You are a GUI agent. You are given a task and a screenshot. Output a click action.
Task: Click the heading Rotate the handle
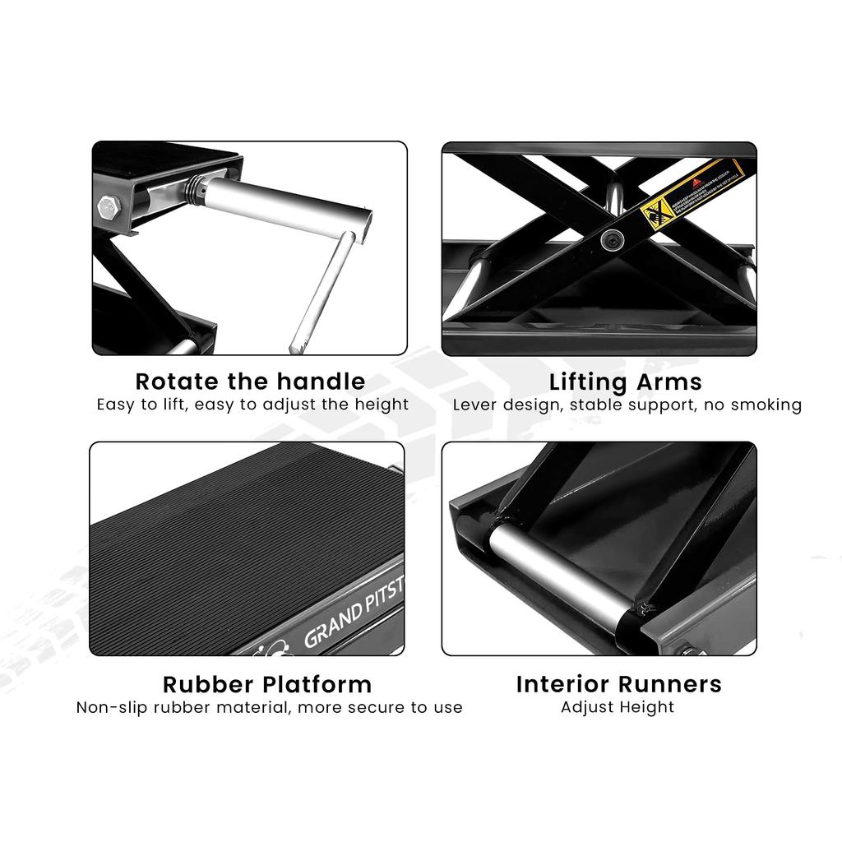[x=250, y=382]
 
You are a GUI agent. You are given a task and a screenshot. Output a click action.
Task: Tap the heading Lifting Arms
[x=625, y=382]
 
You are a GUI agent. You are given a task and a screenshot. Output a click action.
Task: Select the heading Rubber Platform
[x=266, y=684]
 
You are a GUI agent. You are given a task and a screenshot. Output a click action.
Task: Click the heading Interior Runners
[x=618, y=684]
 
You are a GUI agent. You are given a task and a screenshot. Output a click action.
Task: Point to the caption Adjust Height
[x=618, y=707]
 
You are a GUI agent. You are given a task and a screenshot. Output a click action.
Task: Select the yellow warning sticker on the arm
[x=692, y=194]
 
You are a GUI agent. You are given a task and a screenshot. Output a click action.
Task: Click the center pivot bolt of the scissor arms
[x=611, y=239]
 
